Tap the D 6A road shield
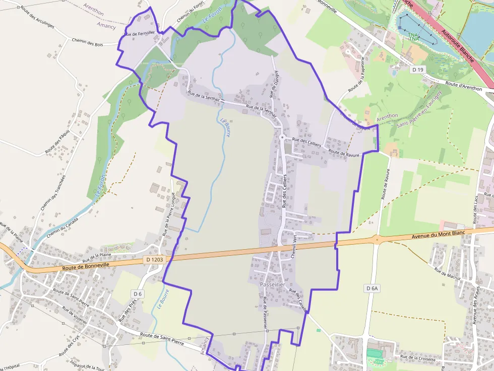pyautogui.click(x=372, y=288)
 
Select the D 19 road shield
pyautogui.click(x=416, y=68)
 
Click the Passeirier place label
pyautogui.click(x=272, y=285)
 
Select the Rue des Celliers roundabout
pyautogui.click(x=282, y=137)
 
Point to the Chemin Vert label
pyautogui.click(x=293, y=247)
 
